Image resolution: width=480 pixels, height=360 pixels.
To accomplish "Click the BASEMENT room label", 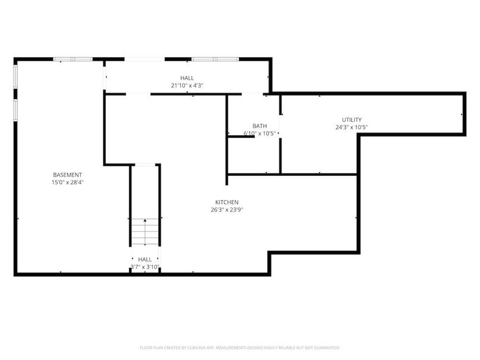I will pyautogui.click(x=68, y=175).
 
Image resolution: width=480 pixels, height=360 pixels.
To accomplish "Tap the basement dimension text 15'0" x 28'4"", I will pyautogui.click(x=68, y=182).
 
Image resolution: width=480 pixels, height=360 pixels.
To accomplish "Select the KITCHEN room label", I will pyautogui.click(x=227, y=203).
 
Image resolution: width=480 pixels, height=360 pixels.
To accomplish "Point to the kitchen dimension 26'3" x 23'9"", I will pyautogui.click(x=227, y=210).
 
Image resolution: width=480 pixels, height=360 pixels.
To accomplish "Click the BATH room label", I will pyautogui.click(x=260, y=126).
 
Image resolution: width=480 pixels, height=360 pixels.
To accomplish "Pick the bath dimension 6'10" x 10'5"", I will pyautogui.click(x=260, y=134).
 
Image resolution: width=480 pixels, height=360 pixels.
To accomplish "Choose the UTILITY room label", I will pyautogui.click(x=351, y=120).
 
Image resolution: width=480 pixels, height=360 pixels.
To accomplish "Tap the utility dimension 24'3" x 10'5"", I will pyautogui.click(x=351, y=127).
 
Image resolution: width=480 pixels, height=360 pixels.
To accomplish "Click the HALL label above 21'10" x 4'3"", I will pyautogui.click(x=187, y=78).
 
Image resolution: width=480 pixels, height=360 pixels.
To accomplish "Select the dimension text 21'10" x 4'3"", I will pyautogui.click(x=187, y=86).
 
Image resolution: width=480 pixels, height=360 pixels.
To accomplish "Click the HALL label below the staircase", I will pyautogui.click(x=145, y=260).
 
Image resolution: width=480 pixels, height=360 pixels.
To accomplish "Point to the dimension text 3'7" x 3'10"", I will pyautogui.click(x=145, y=267).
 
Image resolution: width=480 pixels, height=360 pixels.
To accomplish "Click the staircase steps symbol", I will pyautogui.click(x=146, y=232).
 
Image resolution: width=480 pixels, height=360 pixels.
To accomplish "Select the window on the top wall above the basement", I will pyautogui.click(x=73, y=59).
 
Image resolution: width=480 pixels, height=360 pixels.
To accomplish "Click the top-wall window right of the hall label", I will pyautogui.click(x=214, y=59).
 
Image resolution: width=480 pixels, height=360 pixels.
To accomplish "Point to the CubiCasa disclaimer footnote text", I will pyautogui.click(x=239, y=348).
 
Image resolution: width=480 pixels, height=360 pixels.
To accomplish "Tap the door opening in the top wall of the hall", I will pyautogui.click(x=144, y=59).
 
